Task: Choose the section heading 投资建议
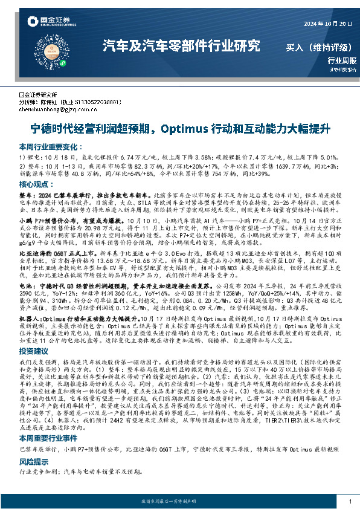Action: [x=34, y=350]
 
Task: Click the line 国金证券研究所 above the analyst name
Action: [x=37, y=95]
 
